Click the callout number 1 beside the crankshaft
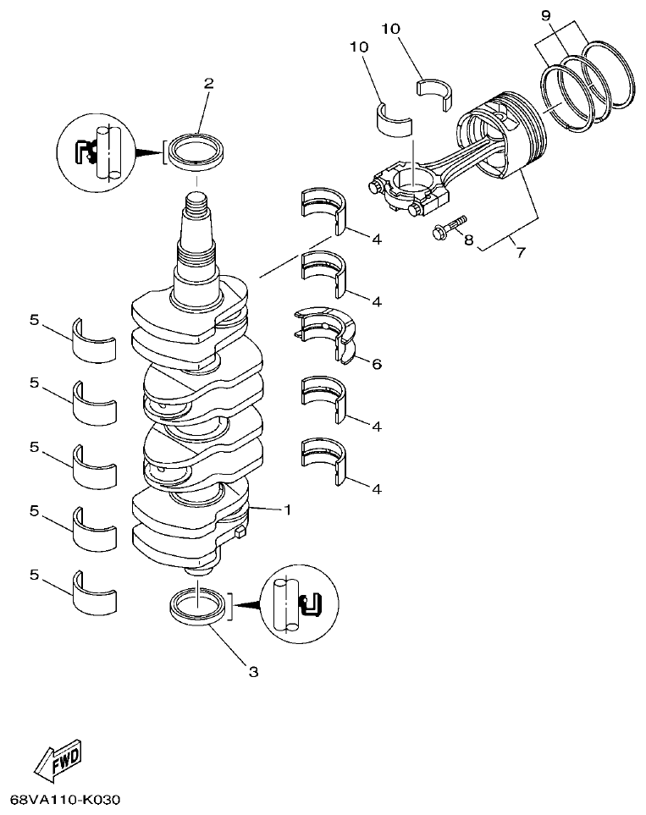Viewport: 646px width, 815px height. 287,510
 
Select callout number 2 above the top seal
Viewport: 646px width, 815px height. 208,83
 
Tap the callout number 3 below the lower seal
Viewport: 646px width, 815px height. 252,672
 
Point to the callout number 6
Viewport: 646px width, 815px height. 376,364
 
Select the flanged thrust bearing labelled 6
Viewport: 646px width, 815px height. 326,332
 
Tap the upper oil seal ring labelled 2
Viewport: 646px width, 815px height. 197,151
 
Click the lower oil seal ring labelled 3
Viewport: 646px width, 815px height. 198,609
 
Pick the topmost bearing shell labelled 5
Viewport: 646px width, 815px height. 94,338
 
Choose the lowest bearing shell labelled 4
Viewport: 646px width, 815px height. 324,460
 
